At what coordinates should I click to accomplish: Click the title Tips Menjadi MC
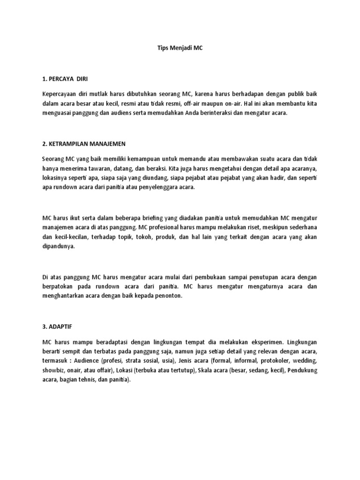point(180,48)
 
